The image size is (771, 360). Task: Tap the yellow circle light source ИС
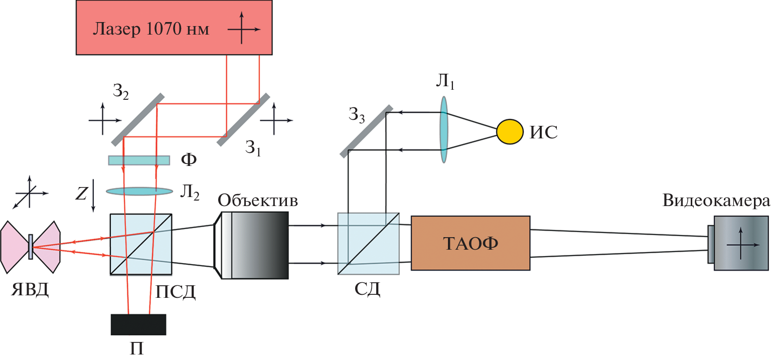tap(510, 131)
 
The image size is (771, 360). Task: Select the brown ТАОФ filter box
tap(470, 243)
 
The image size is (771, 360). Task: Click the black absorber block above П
tap(138, 324)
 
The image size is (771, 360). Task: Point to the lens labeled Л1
tap(444, 130)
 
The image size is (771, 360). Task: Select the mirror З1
tap(243, 119)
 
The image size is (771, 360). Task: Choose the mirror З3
tap(366, 131)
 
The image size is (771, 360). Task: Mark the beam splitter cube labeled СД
tap(368, 244)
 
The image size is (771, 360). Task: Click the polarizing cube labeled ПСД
tap(141, 244)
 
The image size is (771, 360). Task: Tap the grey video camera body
tap(741, 243)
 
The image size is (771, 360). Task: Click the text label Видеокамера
tap(716, 201)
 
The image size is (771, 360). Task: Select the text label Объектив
tap(258, 201)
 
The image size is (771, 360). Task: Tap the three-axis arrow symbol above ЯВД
tap(30, 193)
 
